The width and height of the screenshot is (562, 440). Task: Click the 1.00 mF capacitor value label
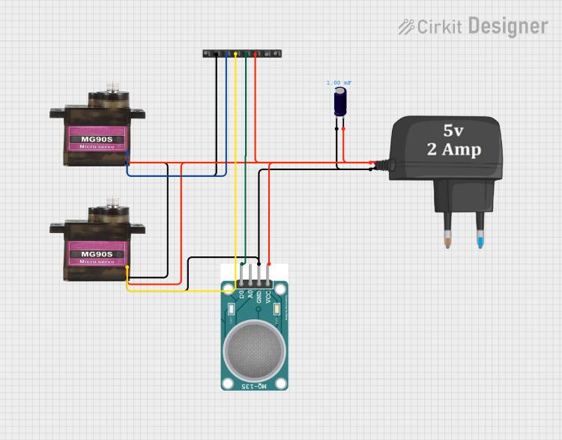pyautogui.click(x=339, y=82)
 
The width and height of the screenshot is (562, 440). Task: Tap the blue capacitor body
pyautogui.click(x=340, y=102)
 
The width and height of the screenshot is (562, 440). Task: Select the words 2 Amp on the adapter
pyautogui.click(x=453, y=148)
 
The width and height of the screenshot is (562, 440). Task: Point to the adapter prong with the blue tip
pyautogui.click(x=480, y=232)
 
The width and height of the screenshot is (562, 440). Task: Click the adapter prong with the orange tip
pyautogui.click(x=447, y=232)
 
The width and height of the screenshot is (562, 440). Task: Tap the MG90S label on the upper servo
pyautogui.click(x=97, y=137)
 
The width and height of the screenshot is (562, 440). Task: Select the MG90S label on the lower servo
pyautogui.click(x=97, y=253)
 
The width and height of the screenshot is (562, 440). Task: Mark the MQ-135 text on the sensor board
pyautogui.click(x=254, y=385)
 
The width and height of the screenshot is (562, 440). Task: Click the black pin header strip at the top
pyautogui.click(x=241, y=54)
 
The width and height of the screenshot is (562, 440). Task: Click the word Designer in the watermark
pyautogui.click(x=507, y=26)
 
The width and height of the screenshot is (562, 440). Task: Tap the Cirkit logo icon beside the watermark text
pyautogui.click(x=405, y=27)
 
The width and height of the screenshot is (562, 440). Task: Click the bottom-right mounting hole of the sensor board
pyautogui.click(x=281, y=383)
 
